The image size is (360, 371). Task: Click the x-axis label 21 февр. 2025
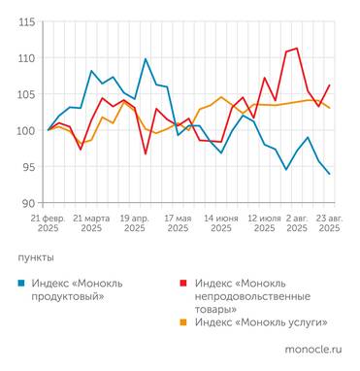49,224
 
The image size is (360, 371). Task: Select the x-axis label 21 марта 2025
91,224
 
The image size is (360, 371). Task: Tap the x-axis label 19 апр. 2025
134,224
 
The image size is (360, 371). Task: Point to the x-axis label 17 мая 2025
178,224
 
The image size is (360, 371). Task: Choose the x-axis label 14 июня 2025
220,224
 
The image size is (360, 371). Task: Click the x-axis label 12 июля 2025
264,224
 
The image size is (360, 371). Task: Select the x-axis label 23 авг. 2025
330,224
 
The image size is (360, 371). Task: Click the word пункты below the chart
36,258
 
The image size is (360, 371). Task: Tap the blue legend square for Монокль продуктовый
22,283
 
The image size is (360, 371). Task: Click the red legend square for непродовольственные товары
183,283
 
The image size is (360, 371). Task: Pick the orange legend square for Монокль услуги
183,321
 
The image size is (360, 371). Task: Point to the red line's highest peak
296,49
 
